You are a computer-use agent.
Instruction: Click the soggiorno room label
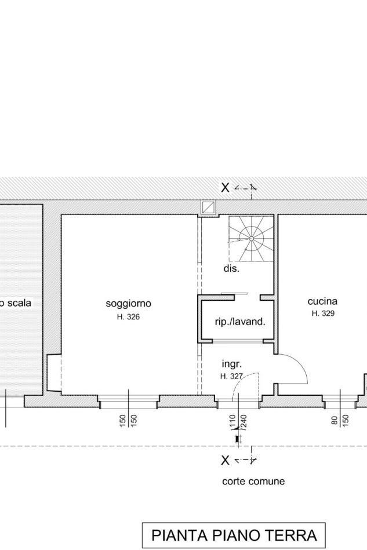tap(128, 304)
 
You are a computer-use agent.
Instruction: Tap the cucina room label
tap(322, 301)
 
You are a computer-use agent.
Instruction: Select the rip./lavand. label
tap(240, 322)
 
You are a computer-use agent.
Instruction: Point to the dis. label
tap(231, 269)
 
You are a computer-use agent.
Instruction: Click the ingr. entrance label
tap(232, 365)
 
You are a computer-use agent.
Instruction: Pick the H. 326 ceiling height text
tap(128, 317)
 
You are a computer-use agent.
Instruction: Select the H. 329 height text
tap(323, 313)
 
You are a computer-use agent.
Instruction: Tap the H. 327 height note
tap(231, 376)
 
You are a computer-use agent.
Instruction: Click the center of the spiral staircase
tap(251, 239)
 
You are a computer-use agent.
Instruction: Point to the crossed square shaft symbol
tap(208, 208)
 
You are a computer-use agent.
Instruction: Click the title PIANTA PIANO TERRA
tap(234, 536)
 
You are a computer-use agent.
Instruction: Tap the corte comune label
tap(253, 481)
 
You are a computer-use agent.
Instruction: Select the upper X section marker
tap(226, 188)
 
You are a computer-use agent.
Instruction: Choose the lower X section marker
tap(226, 460)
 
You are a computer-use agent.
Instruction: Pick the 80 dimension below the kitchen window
tap(334, 420)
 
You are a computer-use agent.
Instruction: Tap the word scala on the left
tap(19, 303)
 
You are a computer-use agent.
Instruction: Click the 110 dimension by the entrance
tap(232, 421)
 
